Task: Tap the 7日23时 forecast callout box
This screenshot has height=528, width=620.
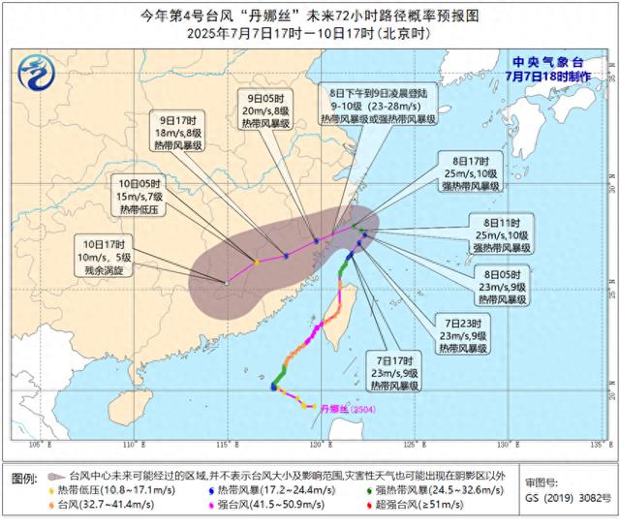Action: [464, 330]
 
